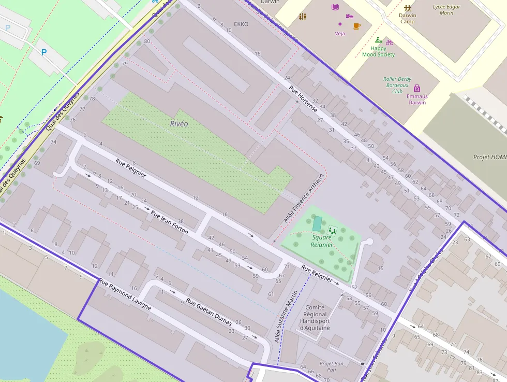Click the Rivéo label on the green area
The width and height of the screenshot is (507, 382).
[179, 124]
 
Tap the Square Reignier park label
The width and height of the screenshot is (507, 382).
[322, 241]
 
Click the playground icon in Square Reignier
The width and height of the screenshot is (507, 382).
[332, 230]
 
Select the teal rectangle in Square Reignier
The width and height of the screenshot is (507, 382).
[317, 224]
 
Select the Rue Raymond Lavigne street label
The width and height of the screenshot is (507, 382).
[125, 294]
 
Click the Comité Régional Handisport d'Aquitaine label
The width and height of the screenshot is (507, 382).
[315, 317]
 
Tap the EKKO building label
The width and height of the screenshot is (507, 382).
[241, 24]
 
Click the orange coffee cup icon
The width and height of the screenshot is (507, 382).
[356, 25]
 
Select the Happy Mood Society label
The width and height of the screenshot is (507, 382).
[378, 51]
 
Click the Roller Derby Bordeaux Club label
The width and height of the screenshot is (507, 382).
[397, 85]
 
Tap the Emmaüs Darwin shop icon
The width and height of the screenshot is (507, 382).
[417, 88]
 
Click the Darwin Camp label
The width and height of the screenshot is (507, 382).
[408, 18]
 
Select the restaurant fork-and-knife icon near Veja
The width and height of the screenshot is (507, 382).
[303, 17]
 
